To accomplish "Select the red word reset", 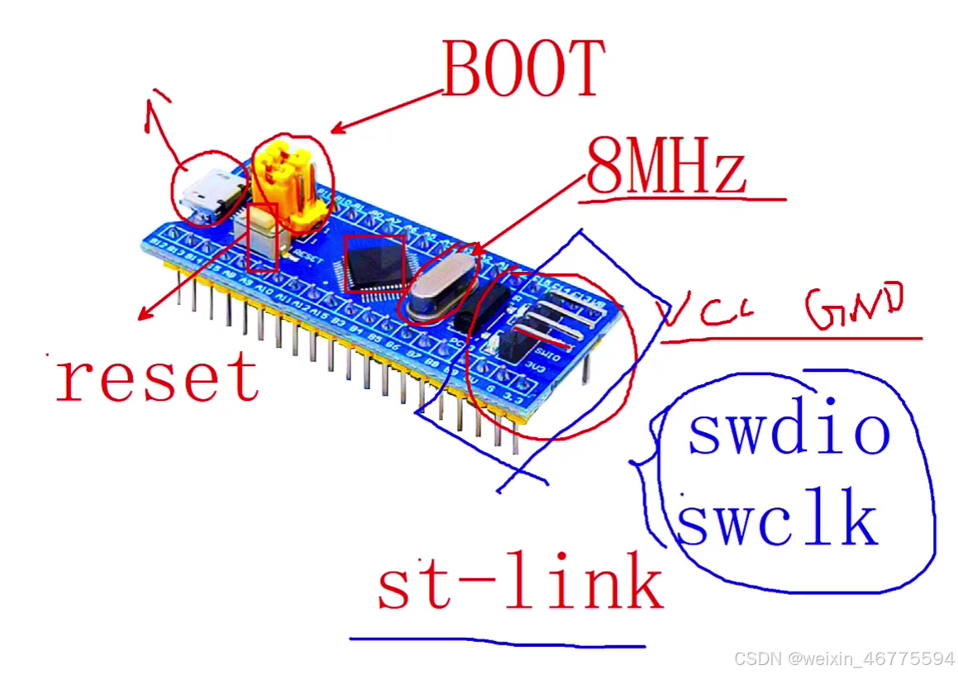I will click(x=157, y=377).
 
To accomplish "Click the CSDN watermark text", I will click(x=844, y=659).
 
